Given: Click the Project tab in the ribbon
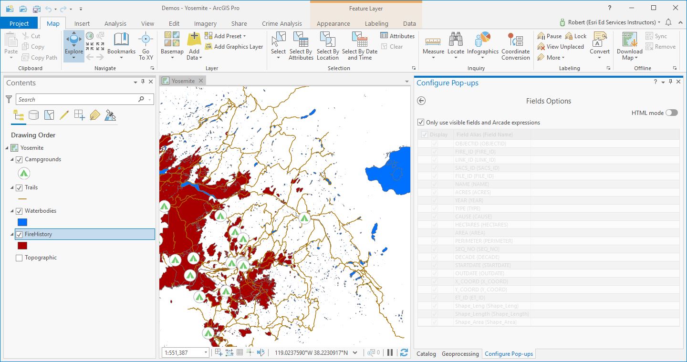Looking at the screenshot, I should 19,23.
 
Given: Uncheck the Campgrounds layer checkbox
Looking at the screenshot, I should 19,159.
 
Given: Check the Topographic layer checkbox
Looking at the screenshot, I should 19,258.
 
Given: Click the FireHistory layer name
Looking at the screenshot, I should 38,234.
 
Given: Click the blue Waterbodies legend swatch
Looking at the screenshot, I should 22,222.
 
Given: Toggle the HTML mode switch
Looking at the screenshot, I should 671,113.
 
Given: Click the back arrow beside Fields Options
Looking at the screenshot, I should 421,101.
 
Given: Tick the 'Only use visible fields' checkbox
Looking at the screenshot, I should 421,123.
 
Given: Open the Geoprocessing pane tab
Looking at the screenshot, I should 460,354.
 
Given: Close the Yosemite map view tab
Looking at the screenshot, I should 201,81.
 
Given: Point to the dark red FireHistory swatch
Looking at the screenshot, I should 22,246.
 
